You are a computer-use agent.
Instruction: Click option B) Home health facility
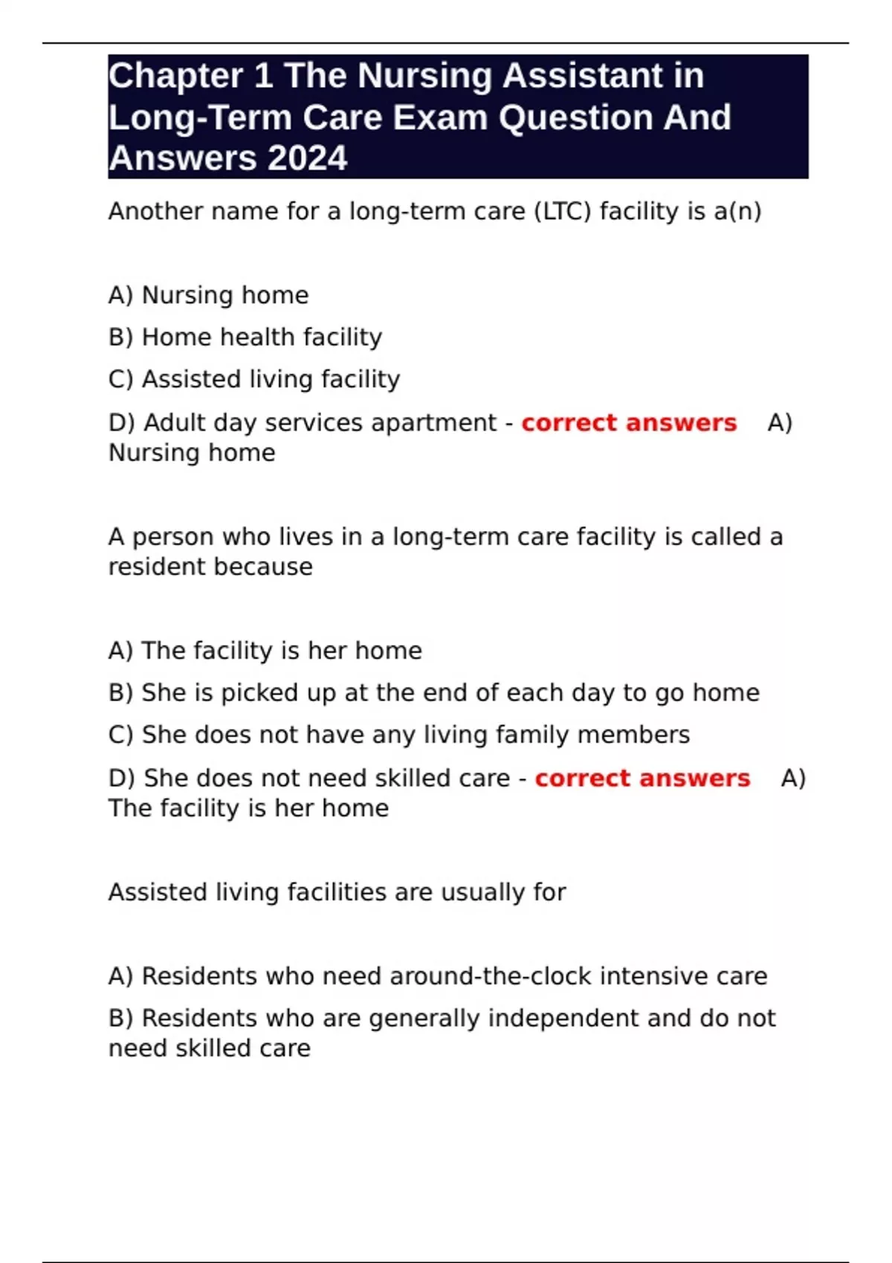[x=245, y=337]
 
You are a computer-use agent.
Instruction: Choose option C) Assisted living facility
[x=254, y=380]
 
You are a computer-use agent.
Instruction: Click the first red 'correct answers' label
[x=629, y=423]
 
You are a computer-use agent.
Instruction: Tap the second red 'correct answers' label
[x=642, y=778]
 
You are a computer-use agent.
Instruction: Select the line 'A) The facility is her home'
[x=265, y=651]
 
